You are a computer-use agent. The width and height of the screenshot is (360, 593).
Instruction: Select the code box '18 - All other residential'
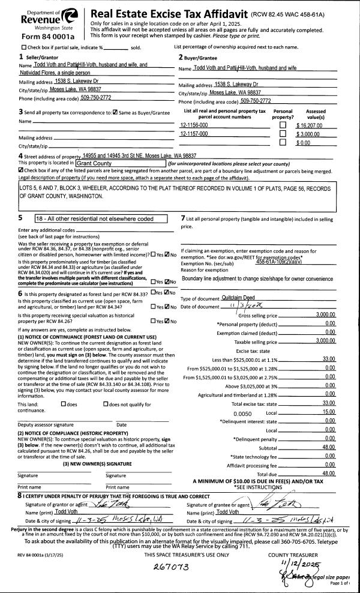(98, 219)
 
